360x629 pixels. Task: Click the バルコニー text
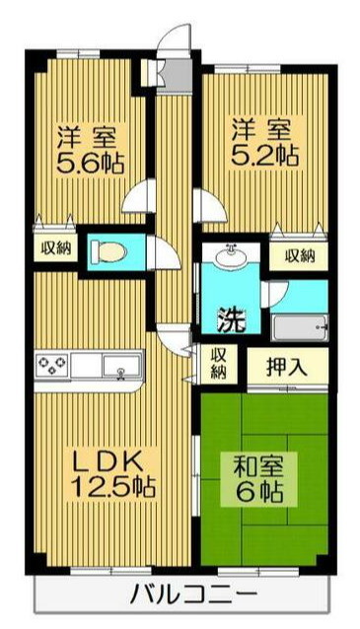(x=192, y=594)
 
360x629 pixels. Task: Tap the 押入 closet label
(x=287, y=367)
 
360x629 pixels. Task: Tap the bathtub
(x=299, y=327)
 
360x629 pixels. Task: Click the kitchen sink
(x=122, y=368)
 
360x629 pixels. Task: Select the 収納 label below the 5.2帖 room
(x=300, y=255)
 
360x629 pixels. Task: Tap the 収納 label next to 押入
(x=218, y=364)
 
